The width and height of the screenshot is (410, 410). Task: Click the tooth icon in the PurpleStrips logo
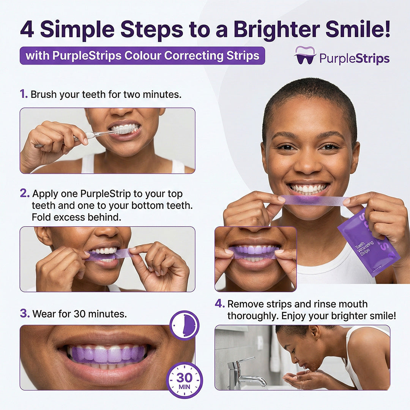click(x=305, y=55)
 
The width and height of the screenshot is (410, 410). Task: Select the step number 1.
click(x=24, y=94)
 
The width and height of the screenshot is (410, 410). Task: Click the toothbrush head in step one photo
click(x=125, y=130)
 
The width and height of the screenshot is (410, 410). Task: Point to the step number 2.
click(x=24, y=193)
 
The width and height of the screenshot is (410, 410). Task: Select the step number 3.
click(x=24, y=314)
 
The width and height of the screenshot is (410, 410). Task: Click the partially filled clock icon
click(x=184, y=325)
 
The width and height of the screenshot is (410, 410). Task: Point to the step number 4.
click(x=219, y=304)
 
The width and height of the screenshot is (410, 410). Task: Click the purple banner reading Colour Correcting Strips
click(x=142, y=56)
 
